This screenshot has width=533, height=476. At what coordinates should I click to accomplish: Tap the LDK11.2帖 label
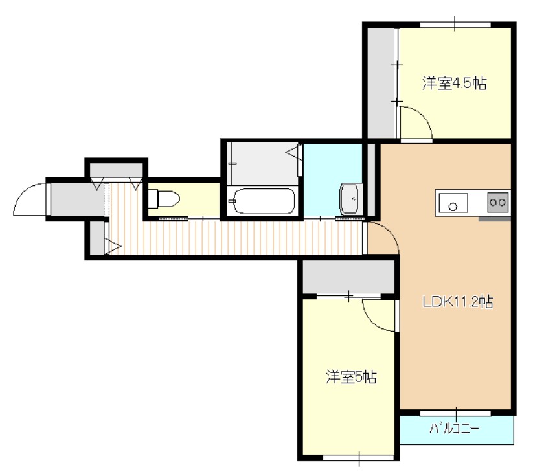click(x=458, y=301)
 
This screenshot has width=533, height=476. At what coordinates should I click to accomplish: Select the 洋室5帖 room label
click(x=350, y=377)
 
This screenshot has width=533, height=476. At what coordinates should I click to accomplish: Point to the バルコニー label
click(x=454, y=428)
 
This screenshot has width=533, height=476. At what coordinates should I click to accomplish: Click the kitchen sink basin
click(x=453, y=204)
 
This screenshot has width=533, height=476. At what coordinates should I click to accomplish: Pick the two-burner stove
click(x=498, y=203)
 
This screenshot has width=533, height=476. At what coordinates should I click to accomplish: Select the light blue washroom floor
click(x=324, y=178)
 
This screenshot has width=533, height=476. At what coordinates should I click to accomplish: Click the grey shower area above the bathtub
click(x=259, y=162)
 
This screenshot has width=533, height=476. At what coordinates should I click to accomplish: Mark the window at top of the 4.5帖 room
click(x=455, y=25)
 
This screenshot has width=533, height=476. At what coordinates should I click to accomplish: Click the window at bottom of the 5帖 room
click(x=359, y=459)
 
